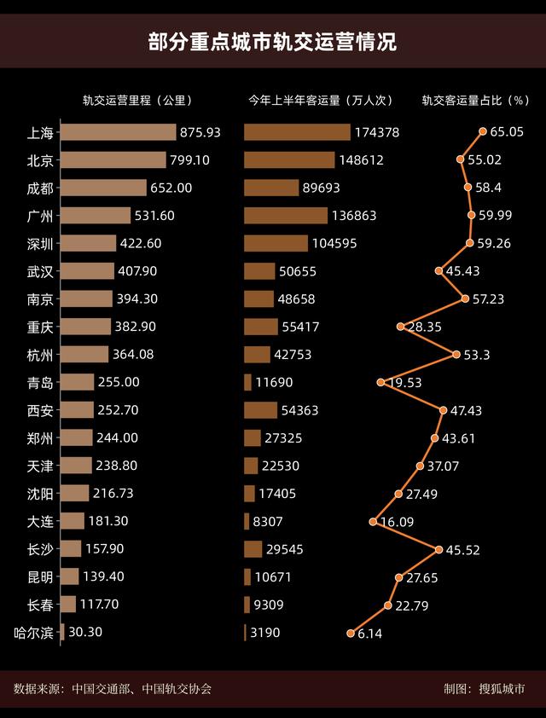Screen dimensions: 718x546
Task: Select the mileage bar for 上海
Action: click(119, 132)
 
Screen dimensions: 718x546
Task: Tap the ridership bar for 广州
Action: click(286, 216)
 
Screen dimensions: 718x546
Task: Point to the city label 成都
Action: click(40, 188)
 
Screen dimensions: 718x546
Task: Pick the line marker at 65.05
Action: click(483, 131)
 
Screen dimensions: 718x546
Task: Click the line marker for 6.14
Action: click(350, 633)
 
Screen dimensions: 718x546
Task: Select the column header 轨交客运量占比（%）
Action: click(476, 101)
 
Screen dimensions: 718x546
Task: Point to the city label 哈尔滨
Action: click(34, 633)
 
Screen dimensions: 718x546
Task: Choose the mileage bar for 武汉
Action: click(87, 271)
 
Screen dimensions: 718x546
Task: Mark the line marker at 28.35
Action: click(400, 327)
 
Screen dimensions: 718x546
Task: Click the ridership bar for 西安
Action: click(260, 410)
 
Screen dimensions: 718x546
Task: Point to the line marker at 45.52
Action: click(439, 549)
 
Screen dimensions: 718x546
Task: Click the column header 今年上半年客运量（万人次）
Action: click(321, 101)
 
